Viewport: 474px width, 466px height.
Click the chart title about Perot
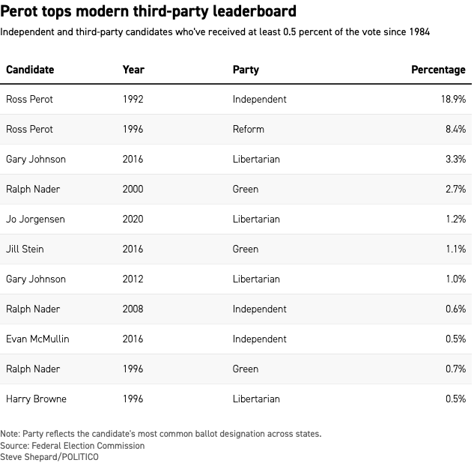[x=149, y=12]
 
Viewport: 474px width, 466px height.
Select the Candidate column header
[x=30, y=70]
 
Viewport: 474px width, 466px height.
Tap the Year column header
[x=133, y=70]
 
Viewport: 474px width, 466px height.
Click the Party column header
[x=246, y=70]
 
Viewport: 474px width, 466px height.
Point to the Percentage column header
[x=438, y=70]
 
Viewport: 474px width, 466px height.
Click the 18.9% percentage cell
[x=452, y=99]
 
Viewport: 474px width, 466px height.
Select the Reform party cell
[x=249, y=129]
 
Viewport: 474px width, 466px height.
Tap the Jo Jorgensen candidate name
[x=35, y=219]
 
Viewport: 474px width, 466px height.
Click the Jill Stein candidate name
[x=27, y=249]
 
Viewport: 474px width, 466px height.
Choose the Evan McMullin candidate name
[x=37, y=339]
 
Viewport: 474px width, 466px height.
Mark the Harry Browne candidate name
[x=36, y=399]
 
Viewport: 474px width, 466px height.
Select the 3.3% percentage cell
[x=455, y=159]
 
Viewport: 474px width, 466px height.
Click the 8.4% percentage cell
[x=455, y=129]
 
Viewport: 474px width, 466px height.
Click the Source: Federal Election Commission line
[x=73, y=446]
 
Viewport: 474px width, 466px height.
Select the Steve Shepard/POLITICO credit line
[x=49, y=457]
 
